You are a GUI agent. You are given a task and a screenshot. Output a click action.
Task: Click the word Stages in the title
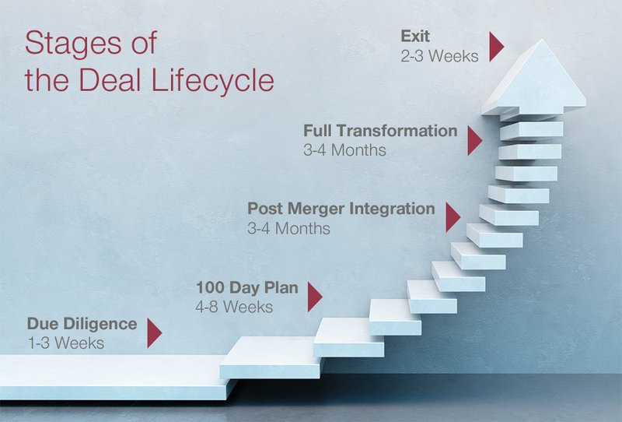coord(73,44)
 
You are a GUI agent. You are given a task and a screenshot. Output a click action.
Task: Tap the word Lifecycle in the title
coord(212,81)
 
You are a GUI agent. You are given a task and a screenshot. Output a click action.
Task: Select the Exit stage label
coord(415,36)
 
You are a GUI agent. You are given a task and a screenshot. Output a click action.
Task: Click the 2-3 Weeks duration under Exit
coord(439,56)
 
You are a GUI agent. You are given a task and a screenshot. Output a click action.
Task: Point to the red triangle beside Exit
coord(496,47)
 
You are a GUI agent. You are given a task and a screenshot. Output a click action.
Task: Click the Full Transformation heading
coord(380,131)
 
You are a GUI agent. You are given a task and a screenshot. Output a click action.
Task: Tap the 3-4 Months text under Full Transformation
coord(344,150)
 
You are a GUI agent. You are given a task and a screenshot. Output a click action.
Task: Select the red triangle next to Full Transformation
coord(475,141)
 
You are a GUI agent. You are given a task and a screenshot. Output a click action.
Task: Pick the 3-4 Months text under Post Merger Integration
coord(288,228)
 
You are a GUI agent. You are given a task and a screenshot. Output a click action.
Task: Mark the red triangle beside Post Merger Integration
coord(453,217)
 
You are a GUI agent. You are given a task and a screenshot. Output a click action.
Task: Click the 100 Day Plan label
coord(247,287)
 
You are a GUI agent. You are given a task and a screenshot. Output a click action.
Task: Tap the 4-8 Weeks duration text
coord(234,307)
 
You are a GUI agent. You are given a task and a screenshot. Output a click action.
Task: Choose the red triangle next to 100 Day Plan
coord(315,297)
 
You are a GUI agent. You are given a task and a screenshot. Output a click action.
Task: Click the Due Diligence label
coord(82,324)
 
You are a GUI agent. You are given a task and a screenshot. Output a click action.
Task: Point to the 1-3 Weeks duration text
coord(66,343)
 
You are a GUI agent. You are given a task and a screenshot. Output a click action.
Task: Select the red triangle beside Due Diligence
coord(155,333)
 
